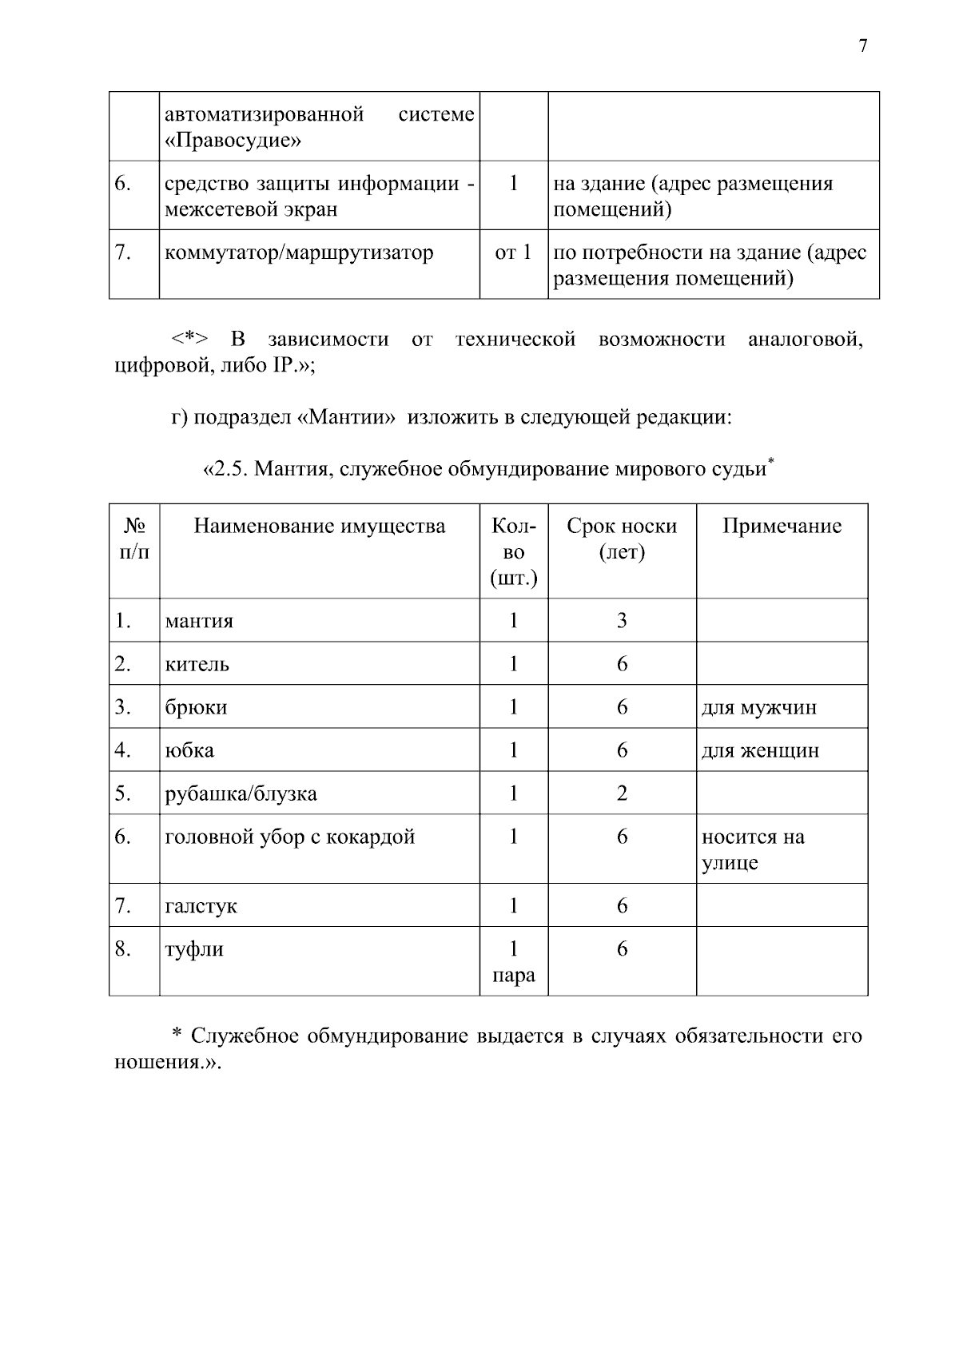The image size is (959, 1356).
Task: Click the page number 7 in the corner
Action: (x=862, y=46)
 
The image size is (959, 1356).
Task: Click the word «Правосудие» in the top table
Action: (x=233, y=141)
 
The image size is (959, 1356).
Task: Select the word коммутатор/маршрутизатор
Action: (x=299, y=253)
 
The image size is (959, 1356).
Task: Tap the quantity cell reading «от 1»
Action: (x=513, y=253)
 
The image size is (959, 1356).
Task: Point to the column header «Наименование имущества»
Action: (x=319, y=526)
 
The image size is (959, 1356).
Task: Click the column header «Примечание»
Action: (x=782, y=526)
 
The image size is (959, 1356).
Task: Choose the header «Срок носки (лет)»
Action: (x=622, y=539)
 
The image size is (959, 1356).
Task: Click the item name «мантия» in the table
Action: (x=199, y=621)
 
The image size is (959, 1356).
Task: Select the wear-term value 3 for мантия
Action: (x=622, y=620)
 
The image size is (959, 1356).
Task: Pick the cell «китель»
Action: (x=197, y=664)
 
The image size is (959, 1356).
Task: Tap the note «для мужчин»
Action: (x=758, y=707)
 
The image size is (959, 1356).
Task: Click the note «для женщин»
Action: (x=760, y=750)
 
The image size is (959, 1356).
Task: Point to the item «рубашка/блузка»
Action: (x=241, y=793)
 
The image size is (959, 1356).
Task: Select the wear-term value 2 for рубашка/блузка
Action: (x=622, y=793)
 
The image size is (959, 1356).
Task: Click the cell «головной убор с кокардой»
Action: (x=289, y=837)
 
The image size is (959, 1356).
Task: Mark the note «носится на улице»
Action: (x=753, y=849)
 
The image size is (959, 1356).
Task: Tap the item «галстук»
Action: (x=201, y=906)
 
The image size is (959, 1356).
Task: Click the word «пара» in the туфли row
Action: (x=513, y=976)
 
